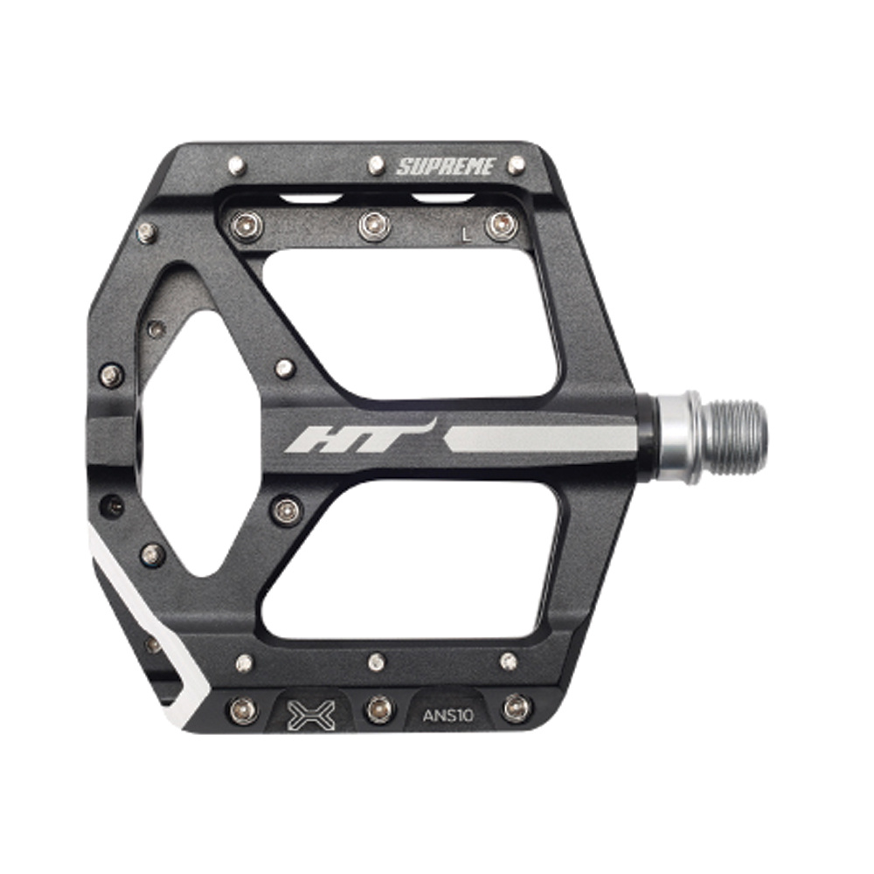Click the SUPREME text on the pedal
pyautogui.click(x=446, y=166)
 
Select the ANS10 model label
pyautogui.click(x=448, y=715)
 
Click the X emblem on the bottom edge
pyautogui.click(x=312, y=715)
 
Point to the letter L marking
pyautogui.click(x=468, y=235)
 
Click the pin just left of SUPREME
pyautogui.click(x=377, y=165)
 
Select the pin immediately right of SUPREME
pyautogui.click(x=517, y=164)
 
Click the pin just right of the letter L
pyautogui.click(x=502, y=225)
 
